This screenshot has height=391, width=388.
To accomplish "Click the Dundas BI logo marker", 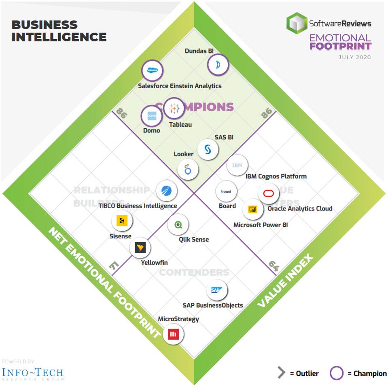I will (218, 65).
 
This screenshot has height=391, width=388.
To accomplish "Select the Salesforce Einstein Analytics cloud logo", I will (152, 70).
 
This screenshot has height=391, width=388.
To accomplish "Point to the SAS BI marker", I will (208, 149).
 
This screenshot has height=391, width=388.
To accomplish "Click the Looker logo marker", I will (188, 169).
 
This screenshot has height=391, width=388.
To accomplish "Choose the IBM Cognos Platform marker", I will (237, 166).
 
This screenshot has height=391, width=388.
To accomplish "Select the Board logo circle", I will (226, 191).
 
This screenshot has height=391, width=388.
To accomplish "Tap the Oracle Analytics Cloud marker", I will (269, 193).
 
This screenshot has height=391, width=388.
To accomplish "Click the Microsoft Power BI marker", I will (253, 209).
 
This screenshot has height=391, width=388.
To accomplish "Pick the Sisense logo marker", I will (122, 221).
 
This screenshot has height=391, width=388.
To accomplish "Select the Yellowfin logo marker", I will (140, 247).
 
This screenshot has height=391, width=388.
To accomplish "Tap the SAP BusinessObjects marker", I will (216, 290).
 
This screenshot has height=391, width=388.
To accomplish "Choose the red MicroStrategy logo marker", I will (173, 334).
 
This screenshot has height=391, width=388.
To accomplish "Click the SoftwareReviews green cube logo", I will (297, 23).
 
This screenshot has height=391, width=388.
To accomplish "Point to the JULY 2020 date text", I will (354, 57).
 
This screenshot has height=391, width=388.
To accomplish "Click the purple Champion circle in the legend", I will (337, 373).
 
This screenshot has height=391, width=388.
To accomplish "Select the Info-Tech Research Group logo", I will (32, 373).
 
